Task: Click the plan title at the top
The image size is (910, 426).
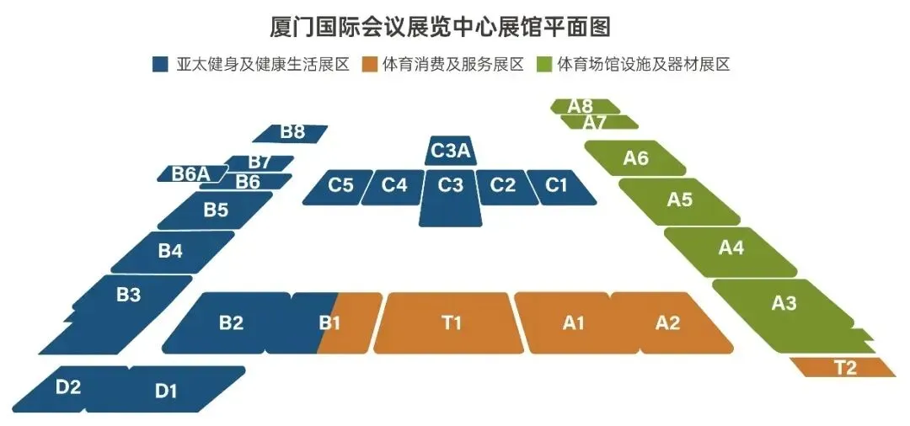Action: (x=441, y=27)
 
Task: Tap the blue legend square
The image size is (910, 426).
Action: (x=160, y=64)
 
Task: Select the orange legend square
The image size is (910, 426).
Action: (x=368, y=64)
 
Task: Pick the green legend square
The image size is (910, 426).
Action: (x=545, y=64)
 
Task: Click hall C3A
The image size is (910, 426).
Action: (x=451, y=152)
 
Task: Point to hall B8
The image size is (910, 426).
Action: (x=290, y=133)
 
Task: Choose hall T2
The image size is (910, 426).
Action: (x=843, y=367)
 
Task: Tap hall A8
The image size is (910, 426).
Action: (x=585, y=106)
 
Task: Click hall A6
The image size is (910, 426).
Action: (x=635, y=157)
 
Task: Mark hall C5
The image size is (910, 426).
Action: (x=339, y=187)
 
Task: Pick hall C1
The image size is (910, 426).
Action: (x=559, y=187)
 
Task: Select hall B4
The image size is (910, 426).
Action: (x=173, y=252)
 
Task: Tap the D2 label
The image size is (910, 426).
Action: (x=68, y=387)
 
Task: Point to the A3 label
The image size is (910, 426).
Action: (x=784, y=302)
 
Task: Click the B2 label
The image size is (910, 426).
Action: (x=231, y=322)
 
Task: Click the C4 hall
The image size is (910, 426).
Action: (x=393, y=187)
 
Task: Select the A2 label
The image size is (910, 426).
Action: (x=667, y=322)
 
